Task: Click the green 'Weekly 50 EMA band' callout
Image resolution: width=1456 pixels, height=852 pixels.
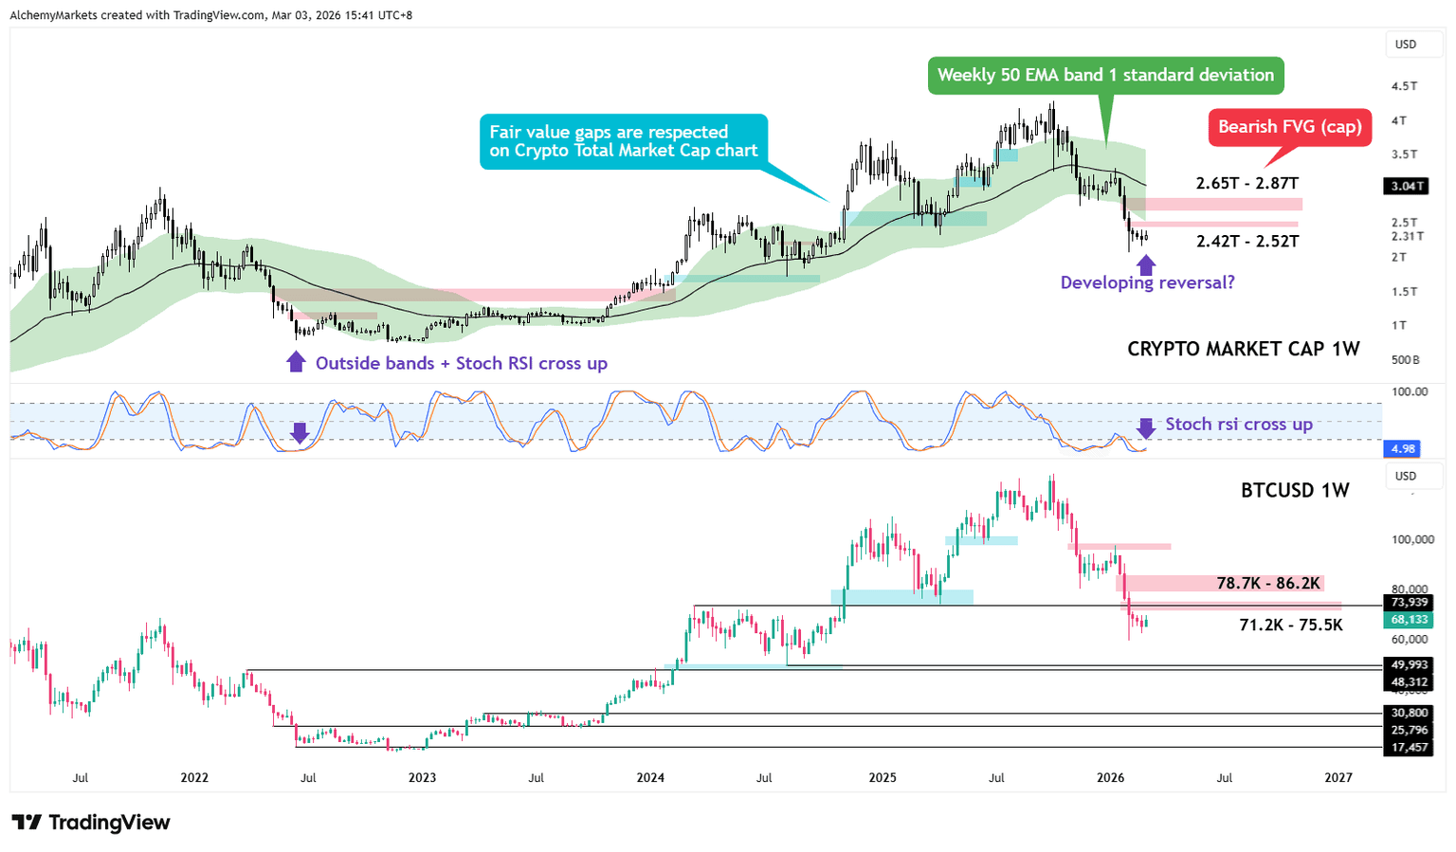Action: [x=1105, y=75]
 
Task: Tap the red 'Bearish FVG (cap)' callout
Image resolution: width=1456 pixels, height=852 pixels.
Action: [x=1289, y=127]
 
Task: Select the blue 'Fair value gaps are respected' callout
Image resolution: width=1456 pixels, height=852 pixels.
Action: [x=623, y=141]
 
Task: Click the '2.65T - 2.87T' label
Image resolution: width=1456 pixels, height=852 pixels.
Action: [x=1247, y=183]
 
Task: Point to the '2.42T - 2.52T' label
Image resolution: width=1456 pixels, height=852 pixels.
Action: [x=1247, y=241]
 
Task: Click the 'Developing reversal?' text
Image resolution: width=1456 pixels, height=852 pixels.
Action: [x=1147, y=282]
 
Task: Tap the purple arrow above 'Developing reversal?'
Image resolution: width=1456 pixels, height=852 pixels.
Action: [x=1146, y=264]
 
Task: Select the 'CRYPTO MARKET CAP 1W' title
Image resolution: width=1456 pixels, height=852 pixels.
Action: [x=1243, y=349]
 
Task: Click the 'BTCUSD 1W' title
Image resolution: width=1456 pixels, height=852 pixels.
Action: [x=1295, y=490]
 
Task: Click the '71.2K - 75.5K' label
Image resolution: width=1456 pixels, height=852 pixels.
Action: [x=1291, y=625]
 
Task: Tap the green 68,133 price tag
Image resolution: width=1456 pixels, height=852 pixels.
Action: [x=1409, y=620]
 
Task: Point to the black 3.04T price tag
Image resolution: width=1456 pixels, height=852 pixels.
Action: [x=1408, y=186]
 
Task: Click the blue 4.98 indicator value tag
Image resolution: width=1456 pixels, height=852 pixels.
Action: [x=1404, y=448]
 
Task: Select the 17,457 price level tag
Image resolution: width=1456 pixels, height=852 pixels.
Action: [x=1409, y=748]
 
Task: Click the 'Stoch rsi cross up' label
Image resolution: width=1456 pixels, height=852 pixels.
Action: [x=1238, y=424]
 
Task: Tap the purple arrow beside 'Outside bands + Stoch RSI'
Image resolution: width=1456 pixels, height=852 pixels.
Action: [x=296, y=362]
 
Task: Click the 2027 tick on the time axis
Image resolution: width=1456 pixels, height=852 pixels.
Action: [x=1338, y=778]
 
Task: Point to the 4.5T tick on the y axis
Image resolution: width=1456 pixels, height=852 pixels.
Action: [x=1404, y=86]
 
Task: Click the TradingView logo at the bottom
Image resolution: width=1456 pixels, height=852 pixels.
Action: [x=91, y=822]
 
